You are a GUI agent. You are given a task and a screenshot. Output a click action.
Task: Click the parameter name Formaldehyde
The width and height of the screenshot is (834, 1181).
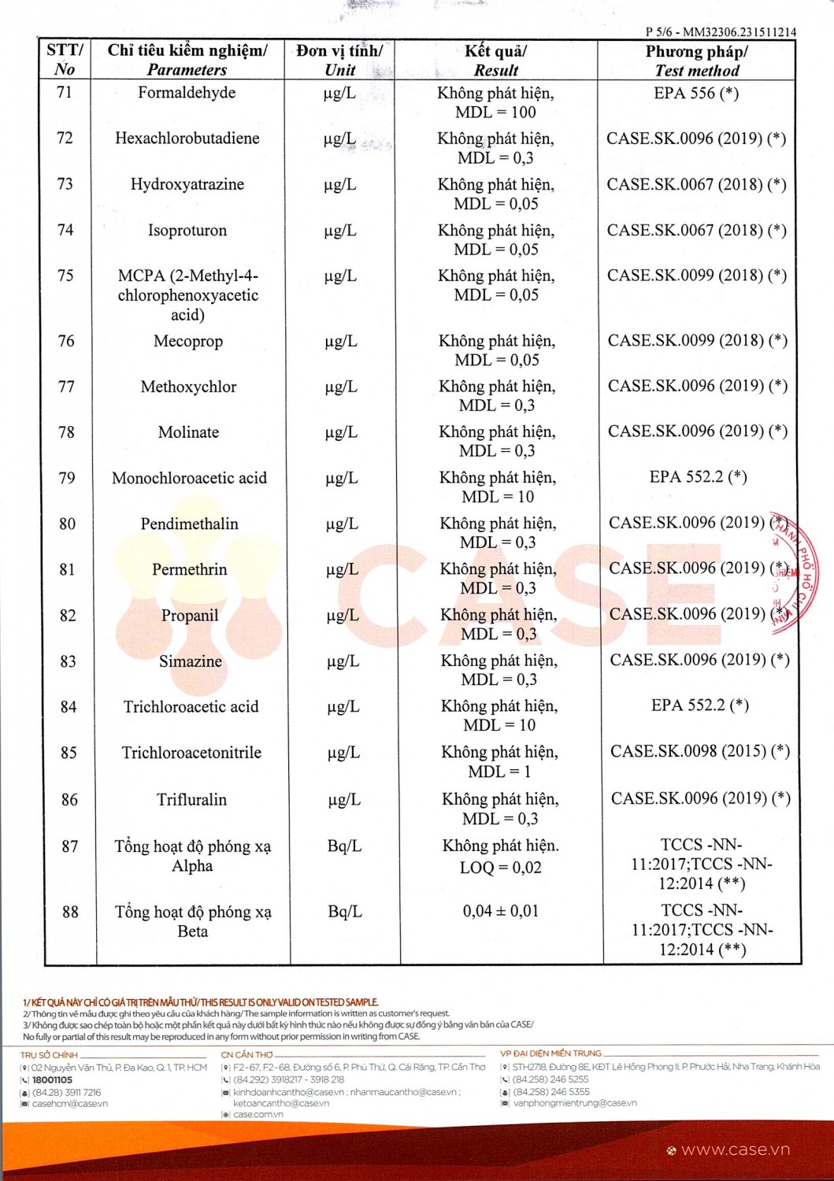tap(187, 93)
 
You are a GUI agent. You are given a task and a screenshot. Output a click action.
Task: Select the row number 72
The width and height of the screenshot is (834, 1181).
tap(65, 139)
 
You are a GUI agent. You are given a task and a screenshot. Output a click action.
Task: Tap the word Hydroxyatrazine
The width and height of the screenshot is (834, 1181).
tap(187, 184)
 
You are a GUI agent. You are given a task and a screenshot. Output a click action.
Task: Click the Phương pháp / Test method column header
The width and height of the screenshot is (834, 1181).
tap(696, 61)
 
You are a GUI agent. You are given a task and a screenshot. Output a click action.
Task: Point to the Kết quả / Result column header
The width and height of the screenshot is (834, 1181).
tap(495, 61)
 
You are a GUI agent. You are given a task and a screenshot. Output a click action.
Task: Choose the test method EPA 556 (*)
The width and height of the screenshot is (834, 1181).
tap(696, 93)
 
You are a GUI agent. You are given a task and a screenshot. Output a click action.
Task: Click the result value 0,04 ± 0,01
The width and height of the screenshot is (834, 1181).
tap(501, 911)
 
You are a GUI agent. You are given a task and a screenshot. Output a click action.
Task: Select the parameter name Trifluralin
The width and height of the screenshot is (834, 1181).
tap(191, 799)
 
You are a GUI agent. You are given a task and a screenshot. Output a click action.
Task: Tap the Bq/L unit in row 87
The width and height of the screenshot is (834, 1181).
tap(344, 846)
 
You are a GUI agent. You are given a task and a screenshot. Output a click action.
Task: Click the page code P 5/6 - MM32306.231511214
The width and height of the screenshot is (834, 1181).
tap(720, 32)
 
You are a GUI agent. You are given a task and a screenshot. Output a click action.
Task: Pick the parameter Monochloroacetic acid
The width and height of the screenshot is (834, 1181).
tap(189, 478)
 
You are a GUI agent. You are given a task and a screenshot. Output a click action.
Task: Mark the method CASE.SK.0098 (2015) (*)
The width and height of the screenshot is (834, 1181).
tap(700, 751)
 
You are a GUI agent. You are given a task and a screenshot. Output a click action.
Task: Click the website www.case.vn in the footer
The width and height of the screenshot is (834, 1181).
tap(735, 1150)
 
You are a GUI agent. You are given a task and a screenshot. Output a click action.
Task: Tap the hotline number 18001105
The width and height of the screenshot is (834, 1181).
tap(52, 1080)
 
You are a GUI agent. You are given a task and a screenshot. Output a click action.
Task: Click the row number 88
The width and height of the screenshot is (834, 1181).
tap(70, 912)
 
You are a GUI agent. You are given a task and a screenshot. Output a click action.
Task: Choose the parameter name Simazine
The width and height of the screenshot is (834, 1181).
tap(191, 661)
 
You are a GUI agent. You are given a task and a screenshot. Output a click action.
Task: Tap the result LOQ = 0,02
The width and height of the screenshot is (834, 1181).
tap(501, 868)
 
